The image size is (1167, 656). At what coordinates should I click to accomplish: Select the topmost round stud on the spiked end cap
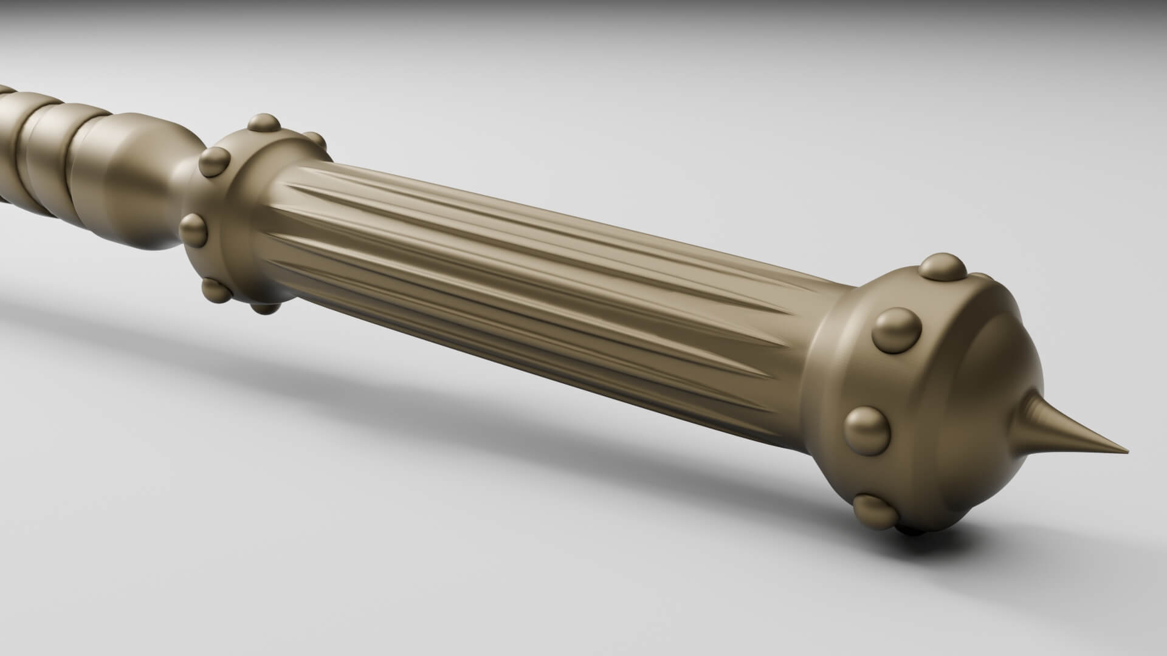point(942,267)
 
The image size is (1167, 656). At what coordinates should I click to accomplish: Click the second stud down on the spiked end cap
point(897,331)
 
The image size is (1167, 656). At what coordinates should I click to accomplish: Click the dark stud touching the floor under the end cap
point(912,532)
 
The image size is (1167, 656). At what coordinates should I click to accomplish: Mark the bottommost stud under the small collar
point(266,307)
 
